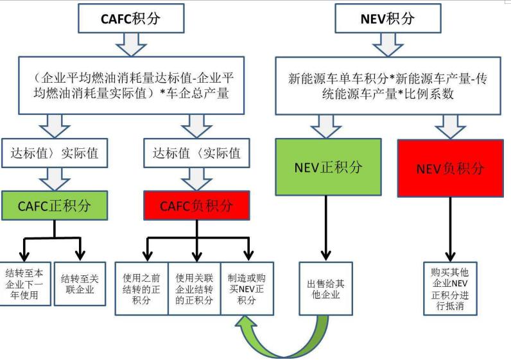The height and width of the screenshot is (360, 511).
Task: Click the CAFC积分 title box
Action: (132, 18)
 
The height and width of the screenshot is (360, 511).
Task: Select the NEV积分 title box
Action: (388, 18)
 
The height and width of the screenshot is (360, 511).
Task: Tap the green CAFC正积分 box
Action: (54, 206)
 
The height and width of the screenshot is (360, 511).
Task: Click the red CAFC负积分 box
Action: (196, 206)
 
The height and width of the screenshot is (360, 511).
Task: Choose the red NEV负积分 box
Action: (450, 168)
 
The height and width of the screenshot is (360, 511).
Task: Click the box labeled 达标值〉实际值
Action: (54, 153)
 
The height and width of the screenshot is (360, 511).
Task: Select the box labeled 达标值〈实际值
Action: (196, 153)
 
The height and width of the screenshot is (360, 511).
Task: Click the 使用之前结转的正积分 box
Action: (141, 288)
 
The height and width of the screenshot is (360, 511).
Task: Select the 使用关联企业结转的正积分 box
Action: (194, 288)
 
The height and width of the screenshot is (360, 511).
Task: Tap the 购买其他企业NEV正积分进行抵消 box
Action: (449, 288)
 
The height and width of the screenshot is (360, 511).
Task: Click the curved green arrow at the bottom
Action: (282, 337)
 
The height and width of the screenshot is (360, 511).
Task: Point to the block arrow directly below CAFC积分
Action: (132, 44)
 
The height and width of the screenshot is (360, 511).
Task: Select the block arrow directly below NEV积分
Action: (388, 44)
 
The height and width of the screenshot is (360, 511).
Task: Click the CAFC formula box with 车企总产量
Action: (132, 85)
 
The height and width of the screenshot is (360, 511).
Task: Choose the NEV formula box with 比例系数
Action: (389, 85)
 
